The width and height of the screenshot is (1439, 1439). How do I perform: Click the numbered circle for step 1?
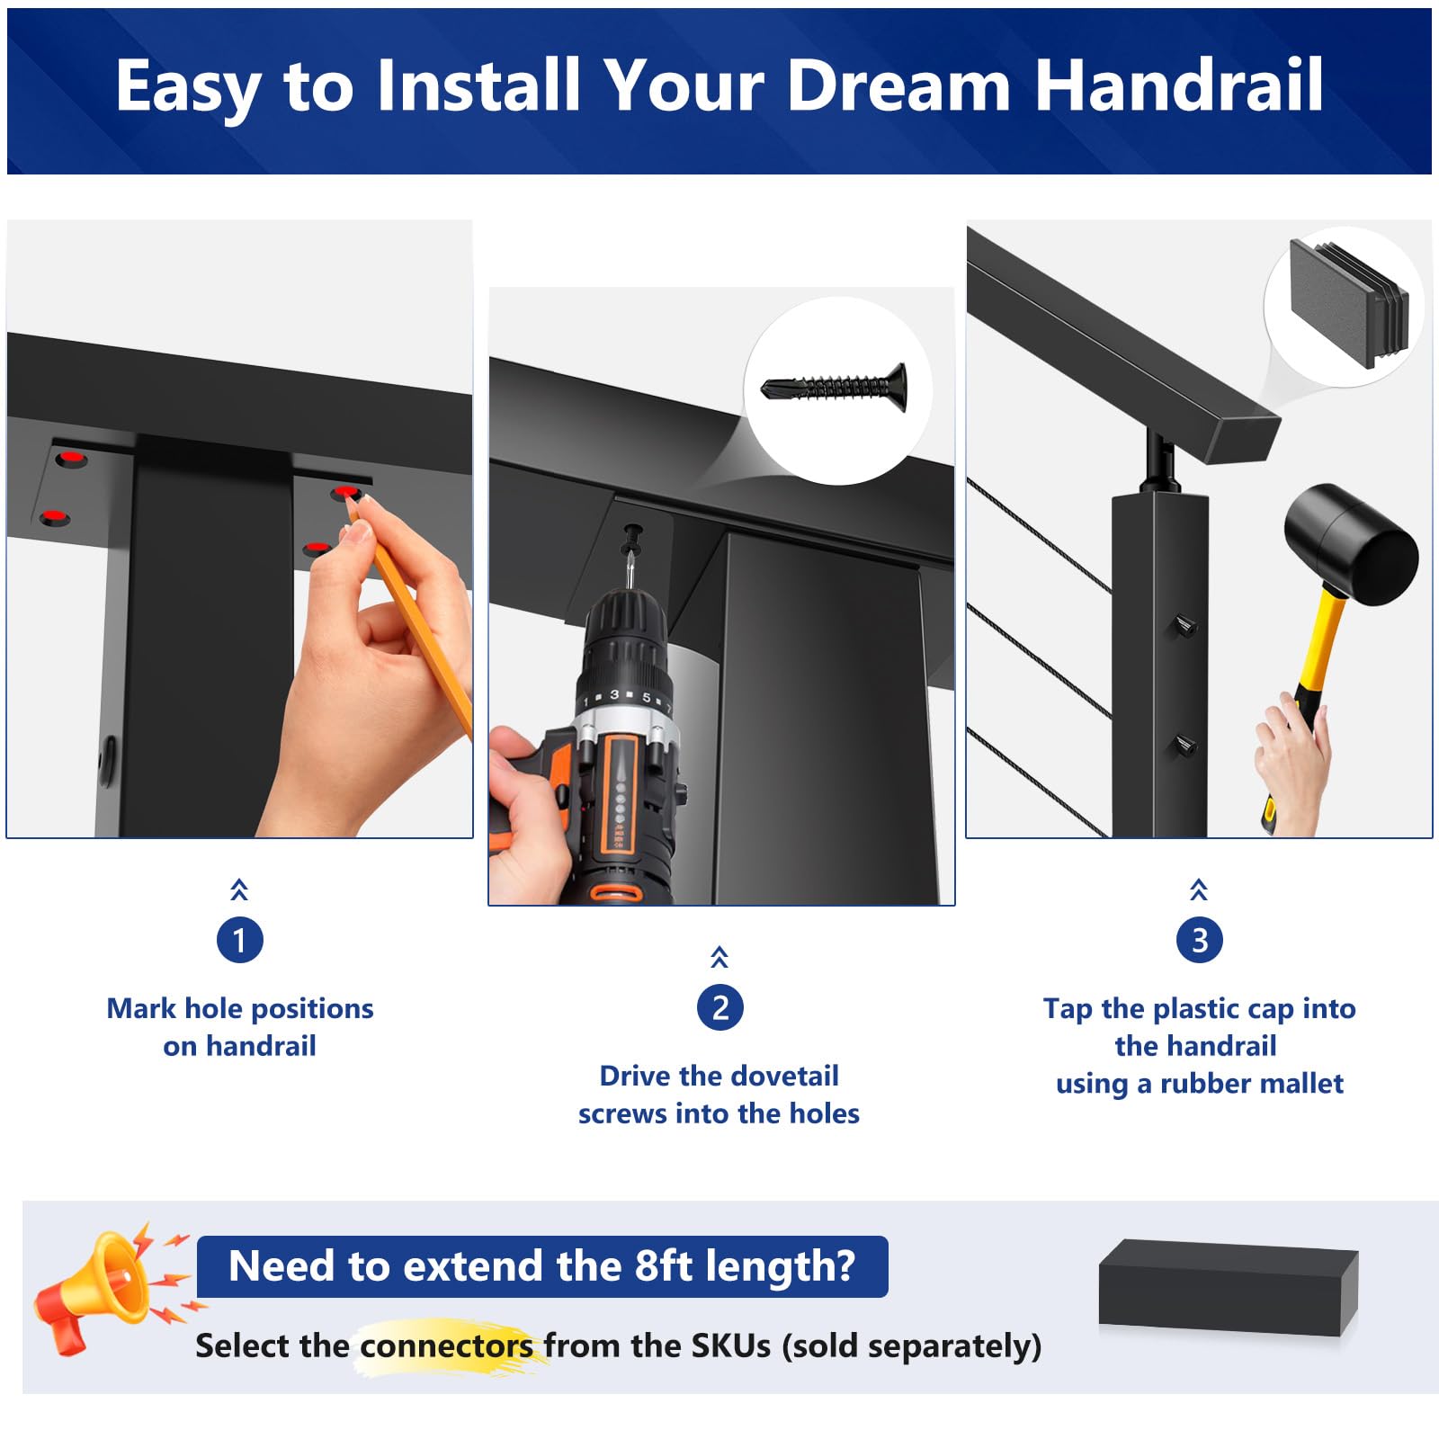coord(239,940)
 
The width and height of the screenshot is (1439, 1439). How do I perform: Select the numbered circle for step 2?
coord(719,1007)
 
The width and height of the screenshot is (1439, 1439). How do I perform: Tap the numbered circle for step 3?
coord(1199,940)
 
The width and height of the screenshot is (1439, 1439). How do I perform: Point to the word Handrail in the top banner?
coord(1179,85)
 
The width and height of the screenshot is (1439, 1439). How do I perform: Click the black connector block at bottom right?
coord(1229,1286)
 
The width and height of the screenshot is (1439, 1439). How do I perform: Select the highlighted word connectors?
coord(446,1345)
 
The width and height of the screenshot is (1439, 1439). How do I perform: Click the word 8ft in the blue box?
coord(664,1265)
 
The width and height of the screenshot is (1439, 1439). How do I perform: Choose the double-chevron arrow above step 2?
coord(719,957)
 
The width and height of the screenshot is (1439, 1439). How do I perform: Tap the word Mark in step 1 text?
coord(141,1008)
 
